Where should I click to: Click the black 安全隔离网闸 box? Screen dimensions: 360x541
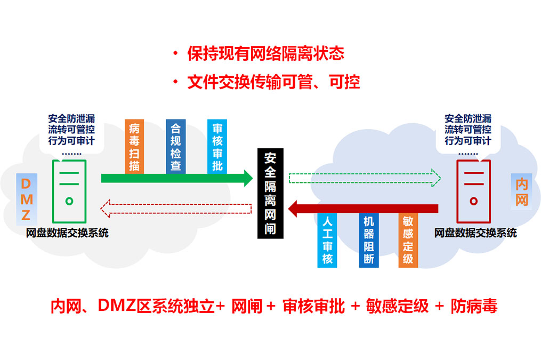click(x=270, y=193)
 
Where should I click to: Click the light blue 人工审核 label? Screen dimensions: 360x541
click(x=327, y=241)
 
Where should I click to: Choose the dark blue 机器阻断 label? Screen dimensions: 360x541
click(x=368, y=241)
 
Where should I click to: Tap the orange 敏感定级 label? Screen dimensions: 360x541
click(x=408, y=241)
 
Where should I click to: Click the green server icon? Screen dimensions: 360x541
click(x=69, y=190)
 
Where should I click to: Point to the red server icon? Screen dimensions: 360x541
click(x=473, y=190)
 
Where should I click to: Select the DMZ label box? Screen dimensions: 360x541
click(x=27, y=199)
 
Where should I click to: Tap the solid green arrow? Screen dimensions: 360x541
click(x=176, y=178)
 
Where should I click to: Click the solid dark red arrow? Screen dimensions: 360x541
click(x=362, y=208)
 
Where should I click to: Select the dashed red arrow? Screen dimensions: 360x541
click(x=176, y=208)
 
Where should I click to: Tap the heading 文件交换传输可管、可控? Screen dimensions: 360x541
click(x=273, y=82)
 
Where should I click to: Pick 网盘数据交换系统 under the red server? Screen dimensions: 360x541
click(x=475, y=233)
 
